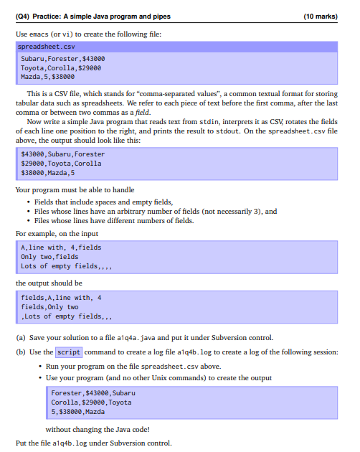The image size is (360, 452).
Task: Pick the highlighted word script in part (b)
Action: [69, 352]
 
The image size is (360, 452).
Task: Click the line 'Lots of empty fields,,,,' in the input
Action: [65, 266]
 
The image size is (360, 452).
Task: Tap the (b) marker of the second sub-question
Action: [20, 352]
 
